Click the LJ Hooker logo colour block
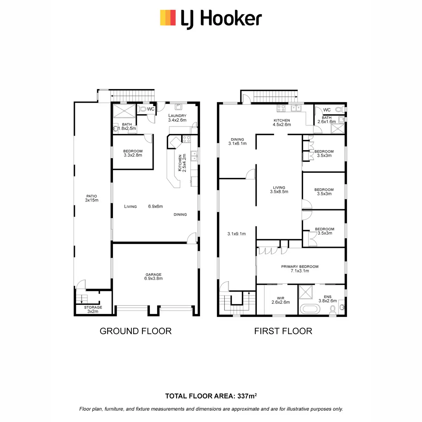[x=168, y=18]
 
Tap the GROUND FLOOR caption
[x=135, y=331]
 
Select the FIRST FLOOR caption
[x=283, y=331]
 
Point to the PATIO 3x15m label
[x=91, y=198]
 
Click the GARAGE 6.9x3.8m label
[x=153, y=276]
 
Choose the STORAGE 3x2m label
[x=93, y=309]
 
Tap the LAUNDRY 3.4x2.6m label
[x=177, y=118]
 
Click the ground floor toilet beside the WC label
[x=142, y=109]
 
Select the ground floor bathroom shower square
[x=124, y=111]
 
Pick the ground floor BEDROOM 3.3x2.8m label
[x=133, y=153]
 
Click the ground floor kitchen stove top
[x=186, y=139]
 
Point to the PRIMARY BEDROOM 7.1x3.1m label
[x=300, y=269]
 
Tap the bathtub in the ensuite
[x=310, y=310]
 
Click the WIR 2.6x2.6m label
[x=281, y=300]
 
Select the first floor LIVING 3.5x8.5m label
[x=279, y=190]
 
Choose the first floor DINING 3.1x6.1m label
[x=237, y=141]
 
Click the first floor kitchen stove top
[x=281, y=108]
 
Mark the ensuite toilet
[x=333, y=310]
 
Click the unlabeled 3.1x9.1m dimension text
[x=236, y=234]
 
